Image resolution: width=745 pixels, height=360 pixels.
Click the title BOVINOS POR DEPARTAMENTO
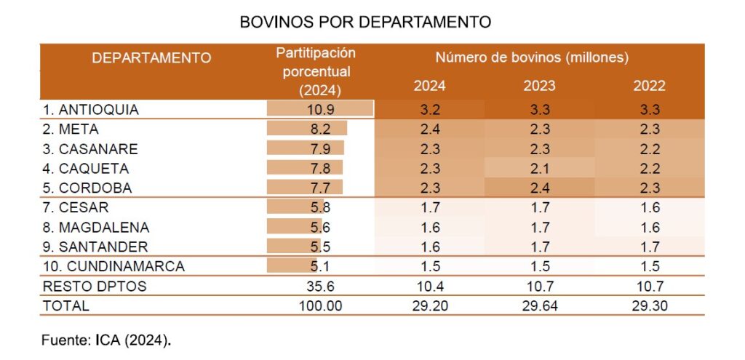click(x=365, y=23)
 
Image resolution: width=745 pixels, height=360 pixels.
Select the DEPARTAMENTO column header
click(x=151, y=57)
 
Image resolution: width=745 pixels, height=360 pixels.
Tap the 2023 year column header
click(x=539, y=86)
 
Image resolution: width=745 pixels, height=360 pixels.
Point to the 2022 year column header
click(x=649, y=86)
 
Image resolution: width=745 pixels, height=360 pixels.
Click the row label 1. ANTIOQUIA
click(x=91, y=110)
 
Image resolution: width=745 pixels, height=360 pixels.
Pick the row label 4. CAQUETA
click(x=86, y=169)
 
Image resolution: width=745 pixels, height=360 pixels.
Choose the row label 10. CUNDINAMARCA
click(x=113, y=266)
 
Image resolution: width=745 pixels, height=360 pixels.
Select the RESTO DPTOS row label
click(x=95, y=286)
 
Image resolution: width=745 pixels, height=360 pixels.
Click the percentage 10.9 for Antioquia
click(x=320, y=109)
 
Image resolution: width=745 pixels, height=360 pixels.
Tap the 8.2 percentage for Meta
click(x=320, y=129)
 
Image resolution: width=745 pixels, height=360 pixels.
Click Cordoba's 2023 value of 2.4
click(x=539, y=188)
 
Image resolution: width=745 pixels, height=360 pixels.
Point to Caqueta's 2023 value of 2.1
click(x=539, y=169)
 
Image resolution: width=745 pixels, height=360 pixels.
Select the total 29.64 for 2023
click(x=539, y=305)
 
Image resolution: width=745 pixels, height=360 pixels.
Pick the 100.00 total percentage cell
click(x=320, y=305)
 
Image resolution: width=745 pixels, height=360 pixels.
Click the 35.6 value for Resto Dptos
click(x=320, y=286)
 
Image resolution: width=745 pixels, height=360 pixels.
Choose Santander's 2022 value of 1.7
click(x=649, y=247)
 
